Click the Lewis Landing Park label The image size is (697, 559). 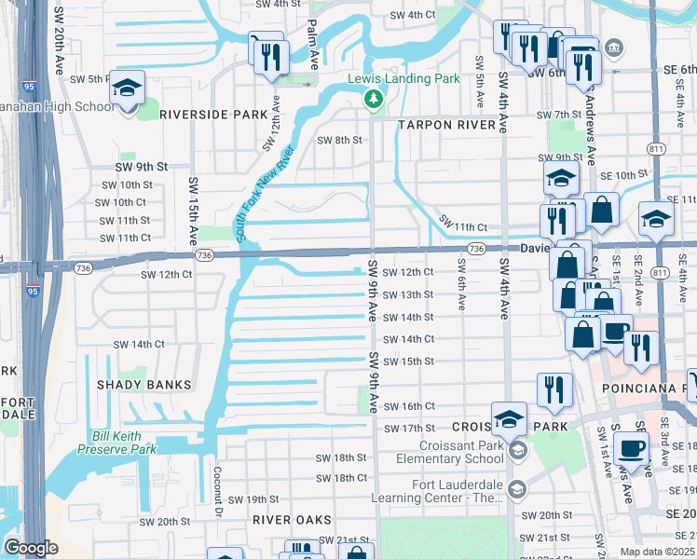tap(403, 79)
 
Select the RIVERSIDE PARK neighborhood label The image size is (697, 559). tap(213, 115)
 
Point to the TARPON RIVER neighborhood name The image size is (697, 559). tap(449, 124)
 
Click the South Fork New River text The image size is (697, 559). tap(266, 195)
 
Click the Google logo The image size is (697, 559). tap(31, 548)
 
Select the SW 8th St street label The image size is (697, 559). tap(338, 140)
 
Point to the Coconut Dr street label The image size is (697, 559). tap(217, 492)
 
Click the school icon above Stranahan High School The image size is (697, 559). tap(127, 89)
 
